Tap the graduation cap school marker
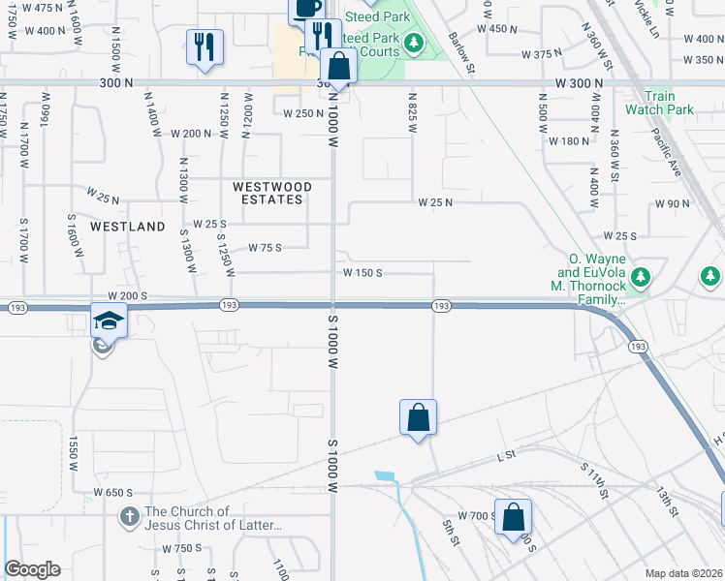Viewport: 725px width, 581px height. pyautogui.click(x=110, y=321)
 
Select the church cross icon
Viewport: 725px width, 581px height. pyautogui.click(x=129, y=517)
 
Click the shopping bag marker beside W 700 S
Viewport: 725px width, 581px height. pyautogui.click(x=513, y=514)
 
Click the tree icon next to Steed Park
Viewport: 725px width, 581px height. pyautogui.click(x=414, y=43)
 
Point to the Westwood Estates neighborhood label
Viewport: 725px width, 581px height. pyautogui.click(x=271, y=193)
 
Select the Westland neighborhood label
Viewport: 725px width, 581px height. pyautogui.click(x=127, y=227)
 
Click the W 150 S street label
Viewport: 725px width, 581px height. pyautogui.click(x=362, y=273)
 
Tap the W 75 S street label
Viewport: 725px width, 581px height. pyautogui.click(x=264, y=248)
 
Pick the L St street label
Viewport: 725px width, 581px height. pyautogui.click(x=504, y=455)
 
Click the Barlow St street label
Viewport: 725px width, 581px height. pyautogui.click(x=462, y=52)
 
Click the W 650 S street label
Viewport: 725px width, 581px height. pyautogui.click(x=112, y=493)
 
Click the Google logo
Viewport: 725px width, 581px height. pyautogui.click(x=32, y=569)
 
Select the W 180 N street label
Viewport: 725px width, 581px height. pyautogui.click(x=569, y=141)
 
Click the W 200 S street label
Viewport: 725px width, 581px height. pyautogui.click(x=126, y=295)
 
